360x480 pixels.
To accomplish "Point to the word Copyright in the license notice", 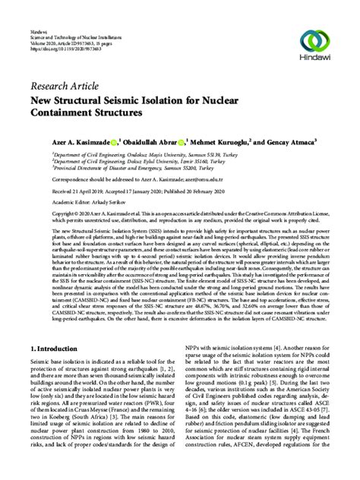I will [x=41, y=216].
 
